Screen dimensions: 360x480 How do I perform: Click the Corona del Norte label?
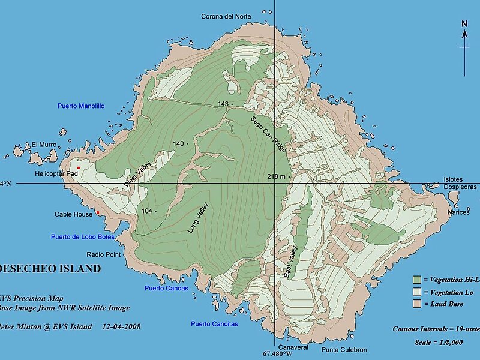pos(226,16)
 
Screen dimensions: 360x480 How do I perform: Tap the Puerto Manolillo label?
pos(81,106)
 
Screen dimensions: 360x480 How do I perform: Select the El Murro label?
pos(44,145)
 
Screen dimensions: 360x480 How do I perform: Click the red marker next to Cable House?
pos(97,211)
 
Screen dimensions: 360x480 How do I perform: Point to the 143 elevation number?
pos(223,104)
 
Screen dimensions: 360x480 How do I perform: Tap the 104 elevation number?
pos(147,211)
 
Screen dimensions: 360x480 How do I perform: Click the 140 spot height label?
pos(178,143)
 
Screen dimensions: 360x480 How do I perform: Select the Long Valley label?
pos(202,217)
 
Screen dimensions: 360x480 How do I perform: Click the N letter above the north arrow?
pos(464,24)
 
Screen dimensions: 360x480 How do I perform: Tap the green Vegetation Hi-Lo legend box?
pos(416,280)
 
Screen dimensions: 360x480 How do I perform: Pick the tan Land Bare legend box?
pos(416,304)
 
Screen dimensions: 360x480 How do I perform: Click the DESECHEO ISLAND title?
pos(50,269)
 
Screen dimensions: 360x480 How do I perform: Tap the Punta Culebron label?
pos(344,350)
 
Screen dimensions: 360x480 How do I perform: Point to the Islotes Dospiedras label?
pos(460,183)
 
